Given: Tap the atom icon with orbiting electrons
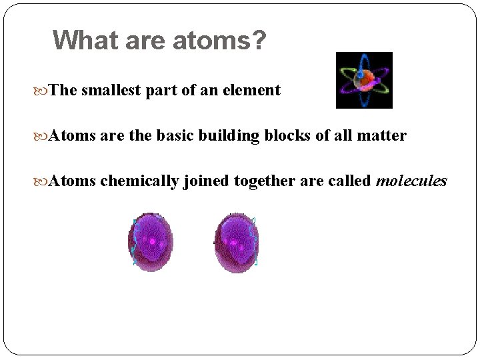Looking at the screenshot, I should pos(364,80).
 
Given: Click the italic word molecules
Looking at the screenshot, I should pos(411,181).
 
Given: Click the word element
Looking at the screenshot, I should pos(255,91).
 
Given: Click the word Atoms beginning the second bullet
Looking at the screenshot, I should pos(73,136).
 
